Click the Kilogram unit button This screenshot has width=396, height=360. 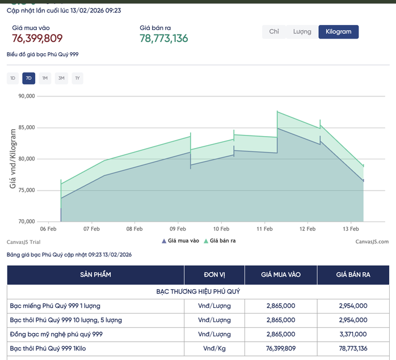(x=339, y=32)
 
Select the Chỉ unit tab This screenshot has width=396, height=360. (x=274, y=32)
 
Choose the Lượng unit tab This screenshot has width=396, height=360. (x=302, y=32)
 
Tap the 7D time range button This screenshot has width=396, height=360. (x=29, y=78)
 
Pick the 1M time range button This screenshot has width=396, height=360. (x=45, y=78)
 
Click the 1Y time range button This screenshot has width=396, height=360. (x=77, y=78)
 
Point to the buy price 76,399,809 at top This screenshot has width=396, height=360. (x=37, y=39)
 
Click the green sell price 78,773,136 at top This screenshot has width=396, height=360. (x=164, y=39)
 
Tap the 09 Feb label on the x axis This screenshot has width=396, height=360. (x=178, y=229)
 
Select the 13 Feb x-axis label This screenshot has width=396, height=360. (x=351, y=229)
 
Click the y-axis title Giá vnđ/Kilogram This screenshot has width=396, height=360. (x=12, y=159)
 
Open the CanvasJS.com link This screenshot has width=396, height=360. (x=372, y=242)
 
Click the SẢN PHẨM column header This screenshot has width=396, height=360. (x=95, y=275)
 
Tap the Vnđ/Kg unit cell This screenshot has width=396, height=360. (x=214, y=348)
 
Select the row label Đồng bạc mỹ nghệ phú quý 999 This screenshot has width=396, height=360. (x=56, y=334)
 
